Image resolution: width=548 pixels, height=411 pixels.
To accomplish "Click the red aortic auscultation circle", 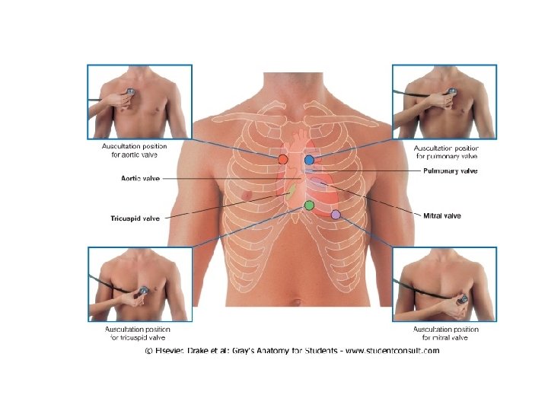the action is [x=282, y=159].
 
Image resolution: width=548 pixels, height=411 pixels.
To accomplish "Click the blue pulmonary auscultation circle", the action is [x=309, y=160].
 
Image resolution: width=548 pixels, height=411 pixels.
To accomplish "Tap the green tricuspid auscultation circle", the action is [x=309, y=205].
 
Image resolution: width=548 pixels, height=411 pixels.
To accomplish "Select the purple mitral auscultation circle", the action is [x=336, y=215].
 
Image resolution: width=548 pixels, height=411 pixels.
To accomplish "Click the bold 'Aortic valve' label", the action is [x=140, y=179].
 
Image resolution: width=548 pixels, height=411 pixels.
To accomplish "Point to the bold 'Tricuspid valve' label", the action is [x=135, y=218].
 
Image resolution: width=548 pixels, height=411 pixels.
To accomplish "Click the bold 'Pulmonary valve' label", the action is [x=451, y=171].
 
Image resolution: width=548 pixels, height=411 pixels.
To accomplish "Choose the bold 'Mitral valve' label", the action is [x=441, y=215].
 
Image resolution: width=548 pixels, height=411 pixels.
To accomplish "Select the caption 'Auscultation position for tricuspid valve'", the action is [x=137, y=333].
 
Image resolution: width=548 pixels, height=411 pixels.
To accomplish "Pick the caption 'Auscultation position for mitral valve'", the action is [x=446, y=333].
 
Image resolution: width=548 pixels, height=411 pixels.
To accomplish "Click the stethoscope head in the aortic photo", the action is [x=131, y=91].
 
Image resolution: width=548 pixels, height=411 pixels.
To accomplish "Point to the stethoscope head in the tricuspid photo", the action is [x=144, y=290].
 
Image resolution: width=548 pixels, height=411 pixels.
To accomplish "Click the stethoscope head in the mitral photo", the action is [x=461, y=299].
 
